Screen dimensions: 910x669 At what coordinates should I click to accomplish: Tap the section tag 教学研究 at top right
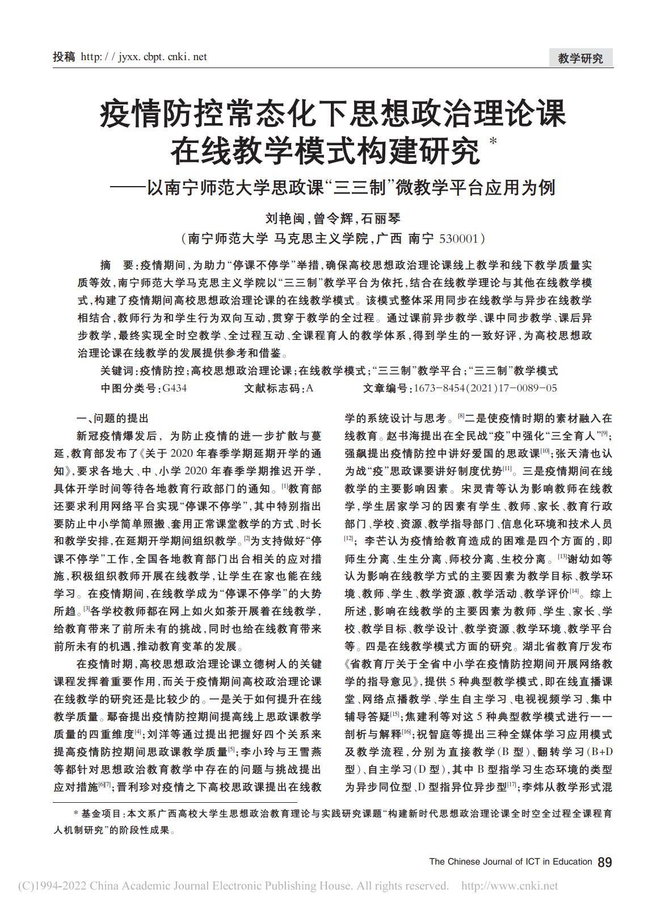tap(580, 58)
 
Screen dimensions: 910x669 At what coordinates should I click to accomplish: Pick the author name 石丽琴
tap(381, 218)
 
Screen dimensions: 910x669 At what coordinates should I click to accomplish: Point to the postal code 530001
tap(458, 239)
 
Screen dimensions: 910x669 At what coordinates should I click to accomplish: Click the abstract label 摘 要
tap(116, 265)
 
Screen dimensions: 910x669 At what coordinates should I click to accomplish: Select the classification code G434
tap(174, 388)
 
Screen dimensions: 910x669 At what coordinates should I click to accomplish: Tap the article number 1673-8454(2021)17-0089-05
tap(485, 388)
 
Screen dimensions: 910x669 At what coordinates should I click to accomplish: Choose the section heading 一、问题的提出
tap(112, 418)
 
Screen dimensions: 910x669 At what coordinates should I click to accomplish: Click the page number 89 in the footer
tap(605, 862)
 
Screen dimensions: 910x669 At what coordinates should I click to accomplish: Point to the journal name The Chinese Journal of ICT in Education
tap(510, 862)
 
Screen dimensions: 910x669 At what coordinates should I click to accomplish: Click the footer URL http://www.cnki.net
tap(509, 886)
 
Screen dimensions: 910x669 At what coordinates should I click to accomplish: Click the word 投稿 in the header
tap(64, 57)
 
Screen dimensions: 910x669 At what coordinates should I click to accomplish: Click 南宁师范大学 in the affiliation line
tap(228, 239)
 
